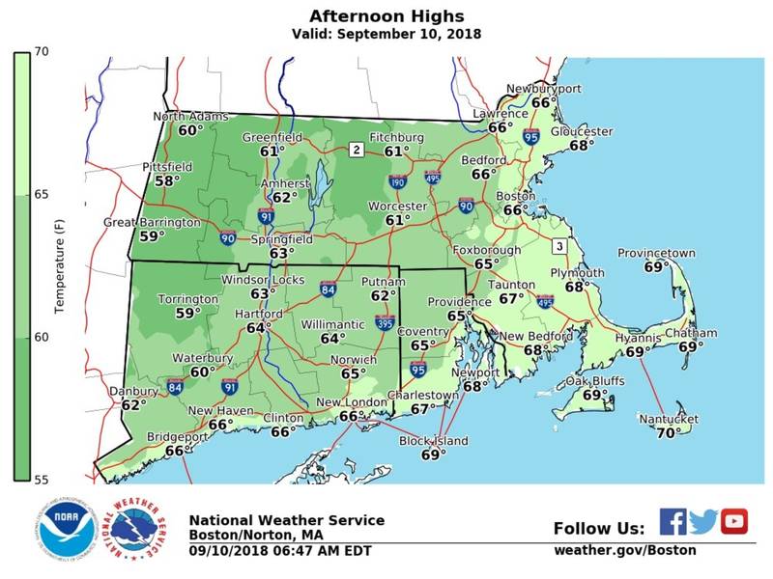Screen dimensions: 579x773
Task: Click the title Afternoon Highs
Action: pos(386,16)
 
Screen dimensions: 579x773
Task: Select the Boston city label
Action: pos(515,196)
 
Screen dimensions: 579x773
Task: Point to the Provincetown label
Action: pos(656,253)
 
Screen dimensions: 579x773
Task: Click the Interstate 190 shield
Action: pos(397,180)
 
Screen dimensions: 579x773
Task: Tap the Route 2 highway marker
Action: pos(356,150)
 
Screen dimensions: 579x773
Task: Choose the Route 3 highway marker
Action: pos(558,247)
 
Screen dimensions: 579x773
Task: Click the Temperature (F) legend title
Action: pos(59,265)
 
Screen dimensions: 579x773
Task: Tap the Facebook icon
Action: pos(673,521)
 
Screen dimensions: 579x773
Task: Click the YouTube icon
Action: pos(734,521)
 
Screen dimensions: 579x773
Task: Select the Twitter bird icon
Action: pos(703,521)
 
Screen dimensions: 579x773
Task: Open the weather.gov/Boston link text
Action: pos(624,550)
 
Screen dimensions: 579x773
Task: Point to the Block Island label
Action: pos(433,441)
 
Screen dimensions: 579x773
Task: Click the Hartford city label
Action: pos(258,315)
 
